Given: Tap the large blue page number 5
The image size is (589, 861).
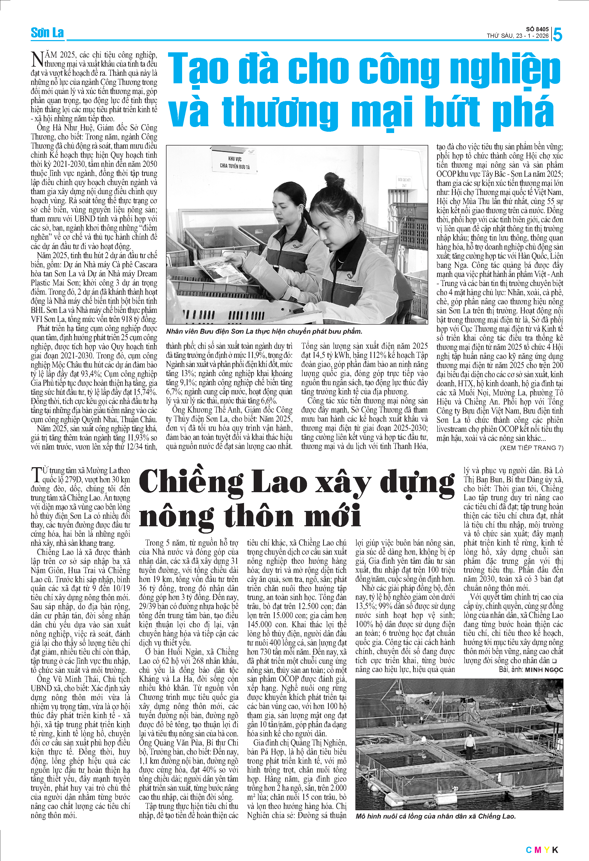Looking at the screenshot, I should pos(557,35).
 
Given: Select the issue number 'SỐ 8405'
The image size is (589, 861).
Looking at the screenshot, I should pos(537,29).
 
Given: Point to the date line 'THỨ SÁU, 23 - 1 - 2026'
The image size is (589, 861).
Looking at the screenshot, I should pos(517,36).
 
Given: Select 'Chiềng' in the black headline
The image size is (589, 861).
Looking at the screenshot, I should pos(191,483).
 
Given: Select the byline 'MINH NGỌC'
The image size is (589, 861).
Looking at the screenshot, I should pos(544,670).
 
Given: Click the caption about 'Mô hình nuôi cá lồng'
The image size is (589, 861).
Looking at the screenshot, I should pos(435,816).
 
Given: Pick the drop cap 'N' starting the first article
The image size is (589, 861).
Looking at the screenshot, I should pos(37,59).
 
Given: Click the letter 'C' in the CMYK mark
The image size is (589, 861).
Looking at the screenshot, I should pos(529,850).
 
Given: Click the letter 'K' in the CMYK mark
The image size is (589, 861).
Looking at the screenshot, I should pos(555,850).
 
